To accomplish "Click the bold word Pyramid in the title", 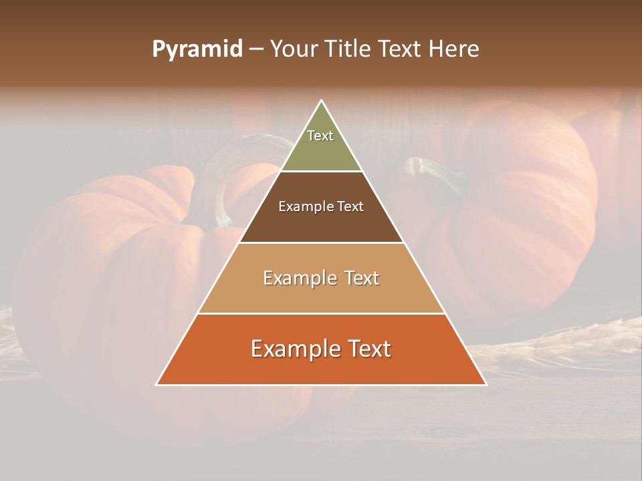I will click(197, 49).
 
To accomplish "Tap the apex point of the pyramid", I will click(321, 101).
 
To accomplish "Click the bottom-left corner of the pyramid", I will click(158, 384).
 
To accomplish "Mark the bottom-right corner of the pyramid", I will click(485, 384).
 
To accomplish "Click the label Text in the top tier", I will click(320, 136).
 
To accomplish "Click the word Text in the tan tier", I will click(360, 278).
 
